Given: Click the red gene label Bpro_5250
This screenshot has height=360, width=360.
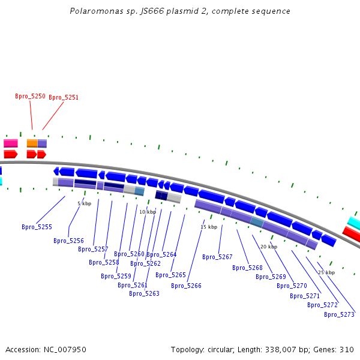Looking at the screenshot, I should tap(30, 96).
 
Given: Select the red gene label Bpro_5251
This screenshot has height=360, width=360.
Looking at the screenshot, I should tap(64, 97).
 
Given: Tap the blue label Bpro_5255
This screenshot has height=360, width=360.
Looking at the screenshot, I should tap(37, 227).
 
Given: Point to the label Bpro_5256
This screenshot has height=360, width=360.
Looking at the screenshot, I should tap(68, 241).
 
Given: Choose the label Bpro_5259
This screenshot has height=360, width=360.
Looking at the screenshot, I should tap(116, 276).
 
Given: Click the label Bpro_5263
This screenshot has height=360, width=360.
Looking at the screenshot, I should tap(144, 293).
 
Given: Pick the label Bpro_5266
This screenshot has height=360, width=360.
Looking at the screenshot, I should tap(186, 286).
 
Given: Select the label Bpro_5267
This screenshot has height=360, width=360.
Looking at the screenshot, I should tap(217, 257).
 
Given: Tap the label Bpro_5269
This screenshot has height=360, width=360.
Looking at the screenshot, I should tap(271, 277).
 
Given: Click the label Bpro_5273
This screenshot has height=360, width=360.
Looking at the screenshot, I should tap(339, 314).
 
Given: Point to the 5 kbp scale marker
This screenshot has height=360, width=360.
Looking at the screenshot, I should tap(84, 203).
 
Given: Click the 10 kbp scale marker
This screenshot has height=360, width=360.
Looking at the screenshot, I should tap(148, 212).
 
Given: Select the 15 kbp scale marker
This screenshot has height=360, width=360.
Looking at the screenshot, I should tap(208, 227).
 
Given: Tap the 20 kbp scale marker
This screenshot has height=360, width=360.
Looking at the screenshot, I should tap(268, 247).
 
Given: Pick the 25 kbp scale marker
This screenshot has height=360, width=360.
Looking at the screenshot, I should tap(326, 272).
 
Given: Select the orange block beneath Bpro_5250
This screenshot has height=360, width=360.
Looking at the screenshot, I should tap(32, 143).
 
